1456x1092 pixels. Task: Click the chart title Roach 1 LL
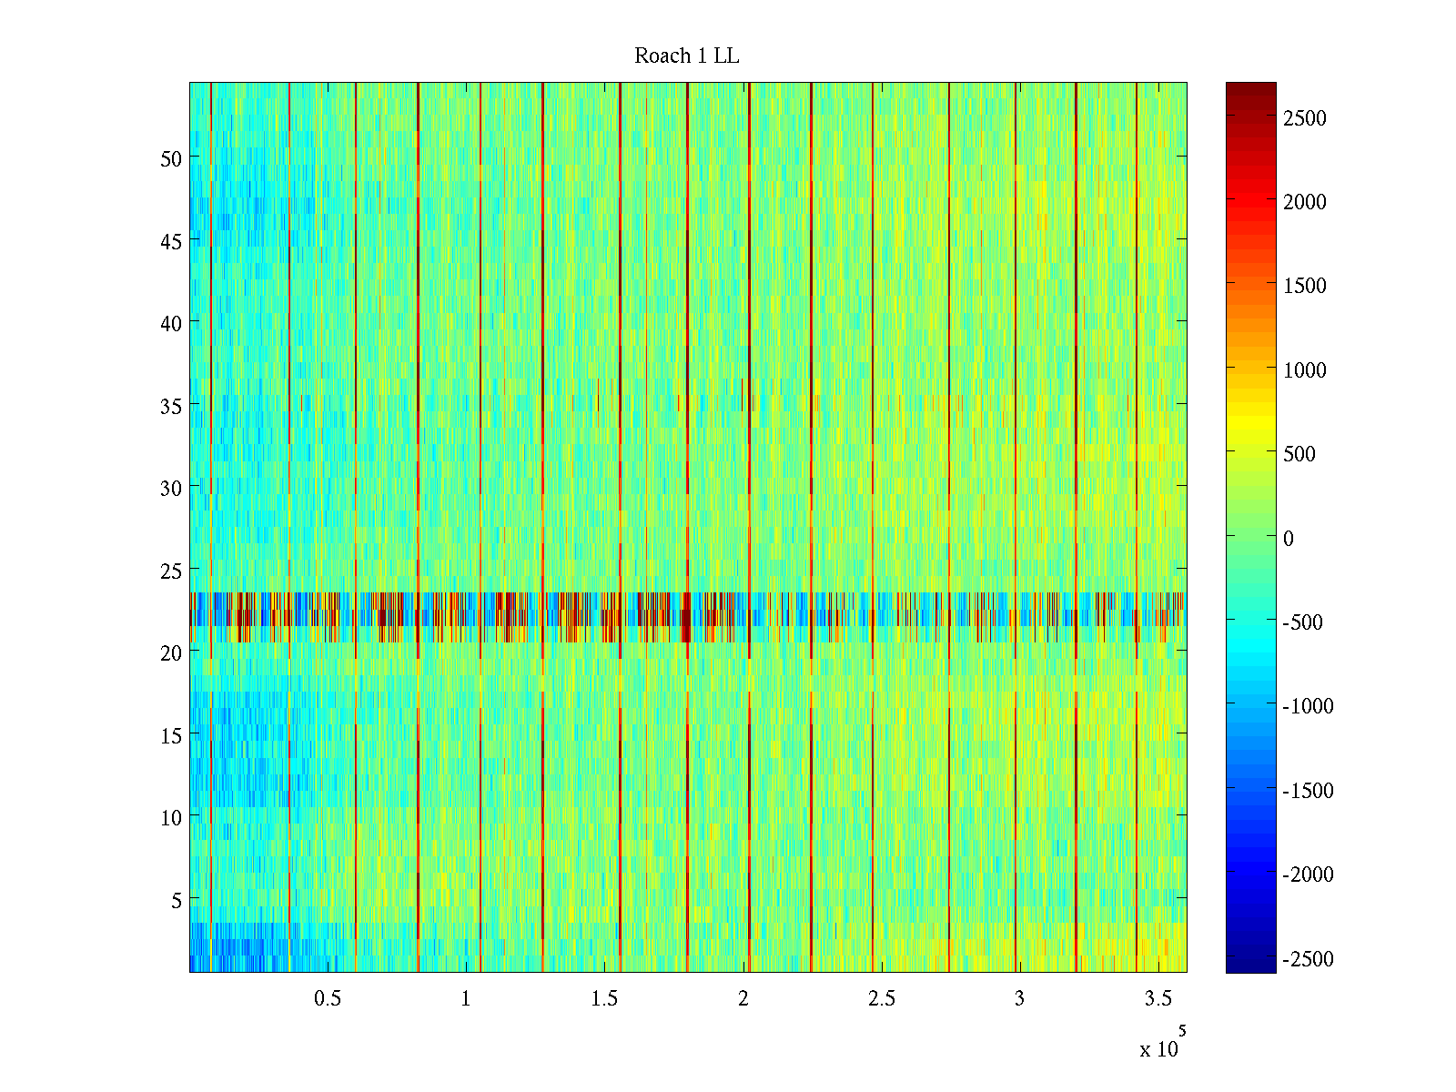click(x=686, y=56)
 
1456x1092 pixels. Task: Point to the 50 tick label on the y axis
click(x=171, y=158)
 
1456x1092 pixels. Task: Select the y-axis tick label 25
click(x=171, y=571)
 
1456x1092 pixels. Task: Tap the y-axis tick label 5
click(x=177, y=900)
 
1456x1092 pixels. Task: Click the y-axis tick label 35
click(x=171, y=406)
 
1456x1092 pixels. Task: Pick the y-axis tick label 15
click(x=171, y=735)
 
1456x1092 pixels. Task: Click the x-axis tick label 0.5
click(x=328, y=999)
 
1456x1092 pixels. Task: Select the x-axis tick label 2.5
click(x=881, y=999)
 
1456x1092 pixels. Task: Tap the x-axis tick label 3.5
click(x=1158, y=999)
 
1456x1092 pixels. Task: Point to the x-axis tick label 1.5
click(x=604, y=999)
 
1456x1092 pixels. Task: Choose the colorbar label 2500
click(x=1305, y=118)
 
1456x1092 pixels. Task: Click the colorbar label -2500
click(x=1309, y=959)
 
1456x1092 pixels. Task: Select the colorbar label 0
click(x=1289, y=539)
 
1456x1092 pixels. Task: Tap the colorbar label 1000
click(x=1305, y=370)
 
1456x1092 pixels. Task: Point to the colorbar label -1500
click(x=1309, y=791)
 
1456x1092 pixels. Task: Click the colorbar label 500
click(x=1299, y=454)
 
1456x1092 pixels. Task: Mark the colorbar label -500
click(x=1303, y=622)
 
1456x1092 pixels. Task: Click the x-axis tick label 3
click(x=1019, y=999)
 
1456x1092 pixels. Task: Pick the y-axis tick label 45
click(x=171, y=241)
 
